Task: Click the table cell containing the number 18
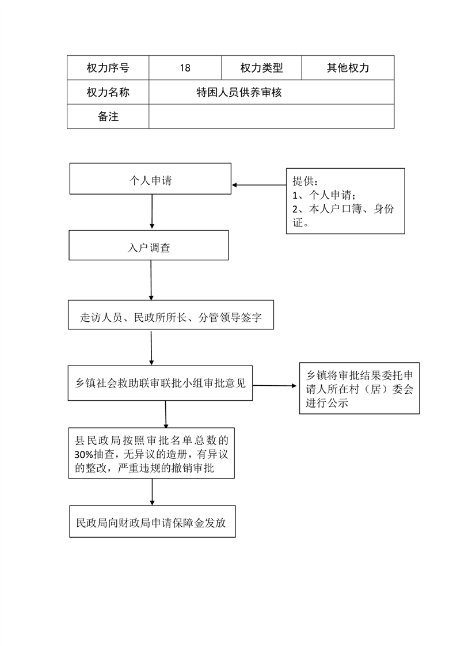click(x=185, y=67)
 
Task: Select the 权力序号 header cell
click(x=108, y=67)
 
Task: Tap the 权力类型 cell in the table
click(x=261, y=67)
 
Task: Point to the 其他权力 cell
click(x=348, y=67)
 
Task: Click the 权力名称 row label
click(x=108, y=92)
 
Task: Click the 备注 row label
click(x=108, y=116)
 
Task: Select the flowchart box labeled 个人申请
click(x=150, y=179)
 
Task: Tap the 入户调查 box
click(x=148, y=245)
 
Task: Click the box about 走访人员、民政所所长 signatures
click(x=171, y=315)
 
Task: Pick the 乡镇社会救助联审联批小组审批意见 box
click(x=160, y=383)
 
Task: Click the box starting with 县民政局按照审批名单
click(x=151, y=453)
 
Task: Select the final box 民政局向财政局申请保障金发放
click(x=153, y=522)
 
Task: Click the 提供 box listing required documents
click(x=345, y=201)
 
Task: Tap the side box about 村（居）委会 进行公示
click(x=359, y=388)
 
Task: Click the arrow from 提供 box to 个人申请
click(x=259, y=185)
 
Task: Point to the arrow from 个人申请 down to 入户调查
click(x=152, y=211)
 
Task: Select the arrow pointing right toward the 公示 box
click(x=275, y=386)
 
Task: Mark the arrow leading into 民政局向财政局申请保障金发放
click(x=153, y=492)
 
